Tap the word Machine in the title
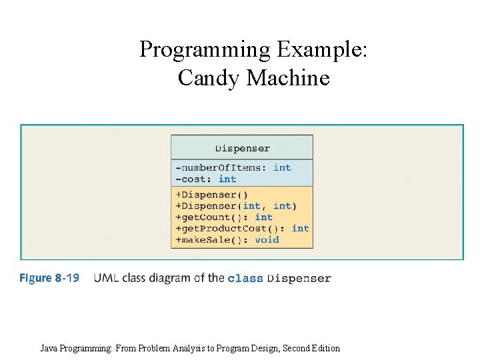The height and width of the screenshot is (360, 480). pyautogui.click(x=287, y=78)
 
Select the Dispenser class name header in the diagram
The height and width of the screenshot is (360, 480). pyautogui.click(x=242, y=148)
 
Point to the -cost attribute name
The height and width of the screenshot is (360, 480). pyautogui.click(x=194, y=179)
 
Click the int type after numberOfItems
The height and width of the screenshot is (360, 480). pyautogui.click(x=282, y=167)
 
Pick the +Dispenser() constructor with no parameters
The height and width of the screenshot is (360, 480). pyautogui.click(x=211, y=195)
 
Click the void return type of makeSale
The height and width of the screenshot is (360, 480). pyautogui.click(x=267, y=239)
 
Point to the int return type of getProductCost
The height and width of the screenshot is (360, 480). pyautogui.click(x=300, y=228)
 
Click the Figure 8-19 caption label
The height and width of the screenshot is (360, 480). pyautogui.click(x=49, y=277)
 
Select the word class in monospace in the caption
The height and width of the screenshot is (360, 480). pyautogui.click(x=245, y=278)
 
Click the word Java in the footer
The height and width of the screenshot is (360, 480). pyautogui.click(x=49, y=348)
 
